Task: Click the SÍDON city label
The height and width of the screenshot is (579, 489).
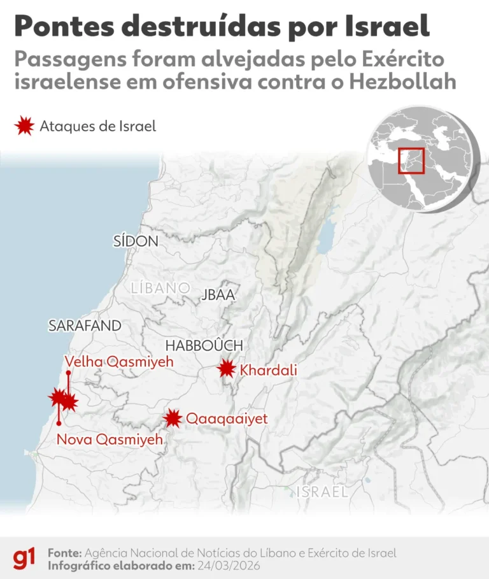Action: tap(136, 241)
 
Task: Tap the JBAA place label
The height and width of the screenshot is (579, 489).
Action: tap(218, 295)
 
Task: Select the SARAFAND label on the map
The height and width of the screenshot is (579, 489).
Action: tap(85, 325)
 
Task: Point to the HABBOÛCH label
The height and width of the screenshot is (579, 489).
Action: tap(204, 345)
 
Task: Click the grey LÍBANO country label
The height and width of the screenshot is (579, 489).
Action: tap(160, 287)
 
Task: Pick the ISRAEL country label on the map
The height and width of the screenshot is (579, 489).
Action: tap(322, 492)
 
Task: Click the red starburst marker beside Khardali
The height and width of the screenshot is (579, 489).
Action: tap(226, 369)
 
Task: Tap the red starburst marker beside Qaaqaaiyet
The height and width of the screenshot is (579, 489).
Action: tap(172, 418)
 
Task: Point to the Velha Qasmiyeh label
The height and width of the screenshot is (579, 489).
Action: tap(119, 362)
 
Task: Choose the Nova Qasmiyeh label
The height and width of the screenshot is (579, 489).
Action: tap(110, 439)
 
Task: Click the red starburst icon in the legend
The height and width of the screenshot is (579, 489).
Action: tap(24, 126)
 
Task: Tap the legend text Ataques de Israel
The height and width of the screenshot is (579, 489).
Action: tap(97, 126)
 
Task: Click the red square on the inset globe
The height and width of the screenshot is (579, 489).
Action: tap(411, 159)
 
